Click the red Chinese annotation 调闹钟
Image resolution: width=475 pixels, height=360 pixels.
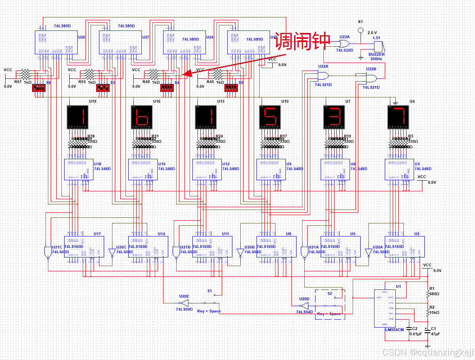click(x=302, y=41)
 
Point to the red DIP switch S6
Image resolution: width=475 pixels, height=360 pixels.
click(x=39, y=88)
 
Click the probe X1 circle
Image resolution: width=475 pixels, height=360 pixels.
click(x=360, y=30)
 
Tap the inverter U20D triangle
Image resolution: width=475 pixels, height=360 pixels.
click(x=304, y=306)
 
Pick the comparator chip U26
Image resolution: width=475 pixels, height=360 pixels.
click(x=56, y=42)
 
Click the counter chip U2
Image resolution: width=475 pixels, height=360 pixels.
click(x=405, y=247)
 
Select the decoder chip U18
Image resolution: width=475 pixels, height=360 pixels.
click(x=79, y=170)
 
